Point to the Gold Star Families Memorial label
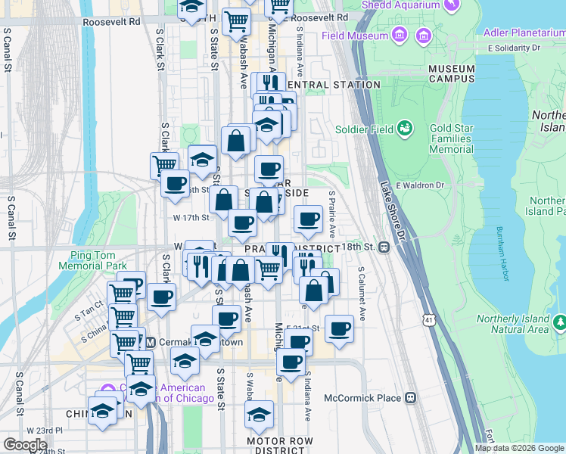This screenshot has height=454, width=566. coord(451,138)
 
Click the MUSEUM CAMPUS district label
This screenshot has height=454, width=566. coord(452,73)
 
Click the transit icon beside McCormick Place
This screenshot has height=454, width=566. coord(410,398)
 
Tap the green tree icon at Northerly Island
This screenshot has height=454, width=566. coord(559,324)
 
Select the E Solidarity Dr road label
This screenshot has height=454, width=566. coord(514,48)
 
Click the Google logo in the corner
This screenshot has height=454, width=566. coord(24,444)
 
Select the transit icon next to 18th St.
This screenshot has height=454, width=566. coord(384,247)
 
